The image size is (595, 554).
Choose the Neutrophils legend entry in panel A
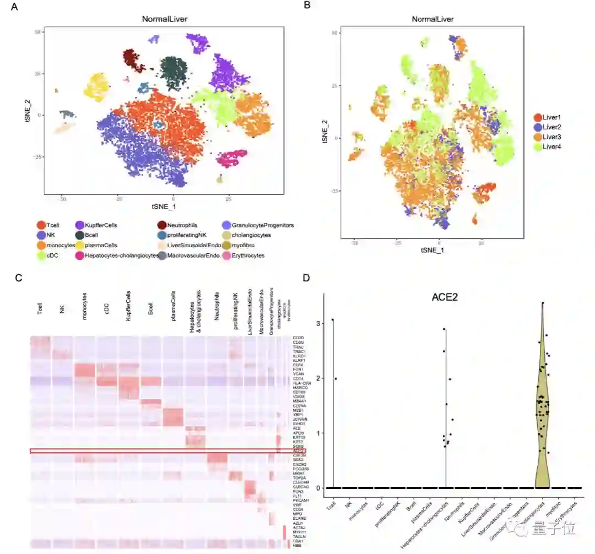(x=180, y=225)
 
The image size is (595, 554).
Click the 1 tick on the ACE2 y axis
(x=318, y=433)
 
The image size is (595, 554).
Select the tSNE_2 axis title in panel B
(x=325, y=133)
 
